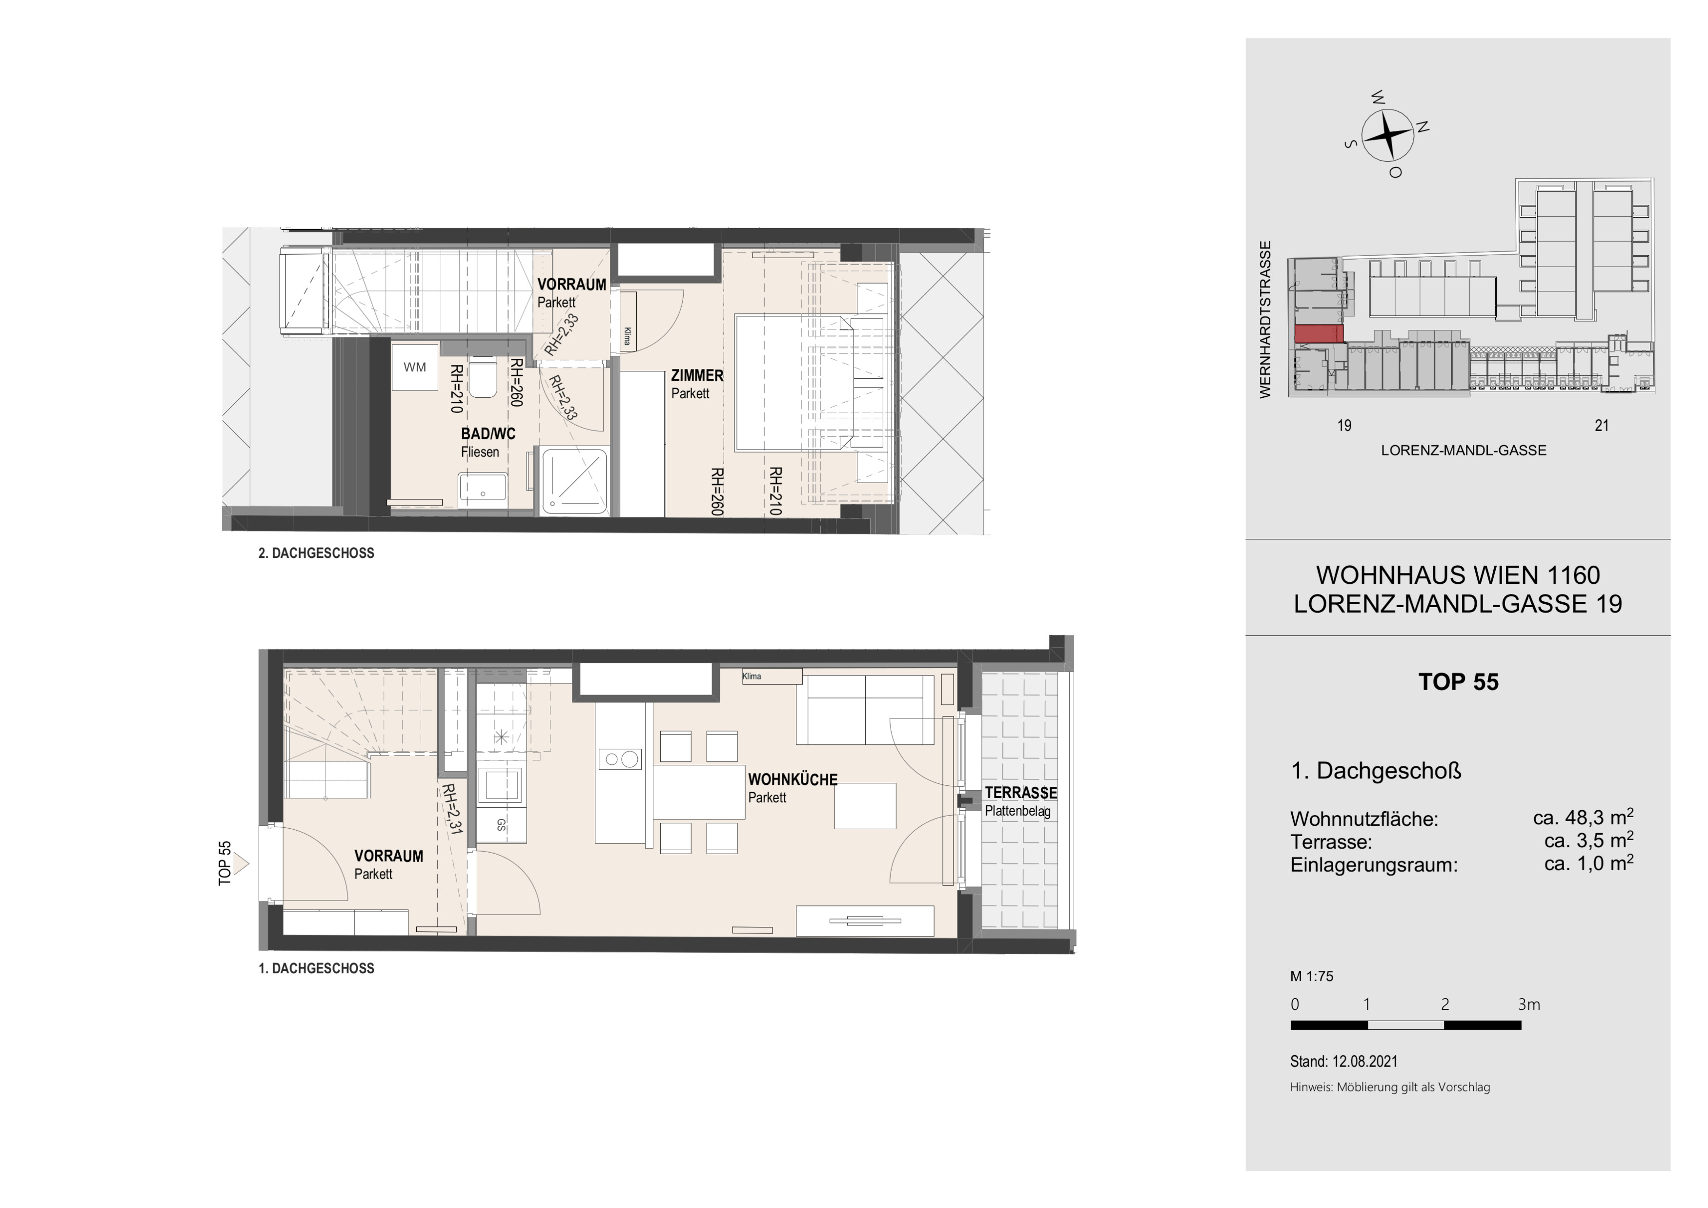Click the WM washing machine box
tap(415, 367)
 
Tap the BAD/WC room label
tap(488, 434)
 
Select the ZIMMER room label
tap(697, 376)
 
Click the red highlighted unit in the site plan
tap(1319, 333)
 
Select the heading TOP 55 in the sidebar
tap(1458, 682)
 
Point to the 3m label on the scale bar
tap(1529, 1005)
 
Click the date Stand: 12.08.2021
tap(1343, 1062)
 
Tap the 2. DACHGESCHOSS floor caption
tap(316, 553)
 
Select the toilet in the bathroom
tap(484, 376)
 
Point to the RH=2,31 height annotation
tap(451, 809)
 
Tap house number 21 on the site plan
tap(1602, 426)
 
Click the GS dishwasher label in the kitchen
tap(501, 825)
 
